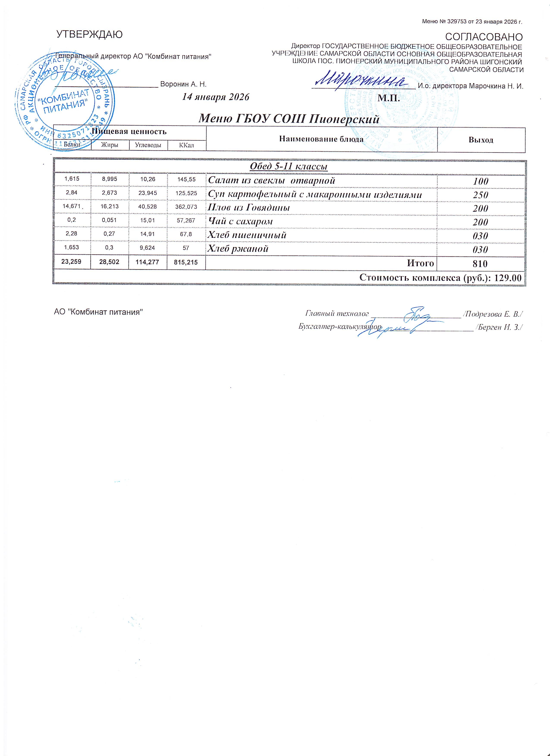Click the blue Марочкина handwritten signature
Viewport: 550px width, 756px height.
(362, 80)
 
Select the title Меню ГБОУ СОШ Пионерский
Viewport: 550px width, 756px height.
(289, 119)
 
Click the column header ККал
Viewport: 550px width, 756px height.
(186, 145)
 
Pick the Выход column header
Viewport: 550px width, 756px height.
(481, 140)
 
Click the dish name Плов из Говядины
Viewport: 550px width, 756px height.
(249, 208)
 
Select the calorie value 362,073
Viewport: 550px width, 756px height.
(186, 207)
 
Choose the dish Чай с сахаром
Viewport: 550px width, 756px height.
(240, 221)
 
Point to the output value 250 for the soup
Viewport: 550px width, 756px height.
(481, 195)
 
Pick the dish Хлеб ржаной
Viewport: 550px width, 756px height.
(238, 249)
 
